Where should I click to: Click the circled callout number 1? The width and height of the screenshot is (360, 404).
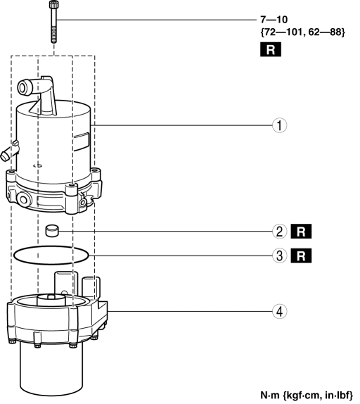(279, 125)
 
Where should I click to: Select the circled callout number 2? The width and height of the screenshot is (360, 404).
(279, 232)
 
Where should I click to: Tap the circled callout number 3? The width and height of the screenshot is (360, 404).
(279, 256)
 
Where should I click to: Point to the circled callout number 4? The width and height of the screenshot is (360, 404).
(279, 311)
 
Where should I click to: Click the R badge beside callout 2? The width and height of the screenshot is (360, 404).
(301, 232)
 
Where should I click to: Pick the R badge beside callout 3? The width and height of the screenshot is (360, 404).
(301, 256)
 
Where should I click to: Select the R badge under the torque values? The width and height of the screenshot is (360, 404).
(271, 49)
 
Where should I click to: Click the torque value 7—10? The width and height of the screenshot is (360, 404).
(274, 19)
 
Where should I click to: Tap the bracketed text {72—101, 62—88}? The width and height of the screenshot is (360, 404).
(302, 32)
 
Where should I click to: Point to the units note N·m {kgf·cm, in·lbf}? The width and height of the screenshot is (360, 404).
(307, 395)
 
